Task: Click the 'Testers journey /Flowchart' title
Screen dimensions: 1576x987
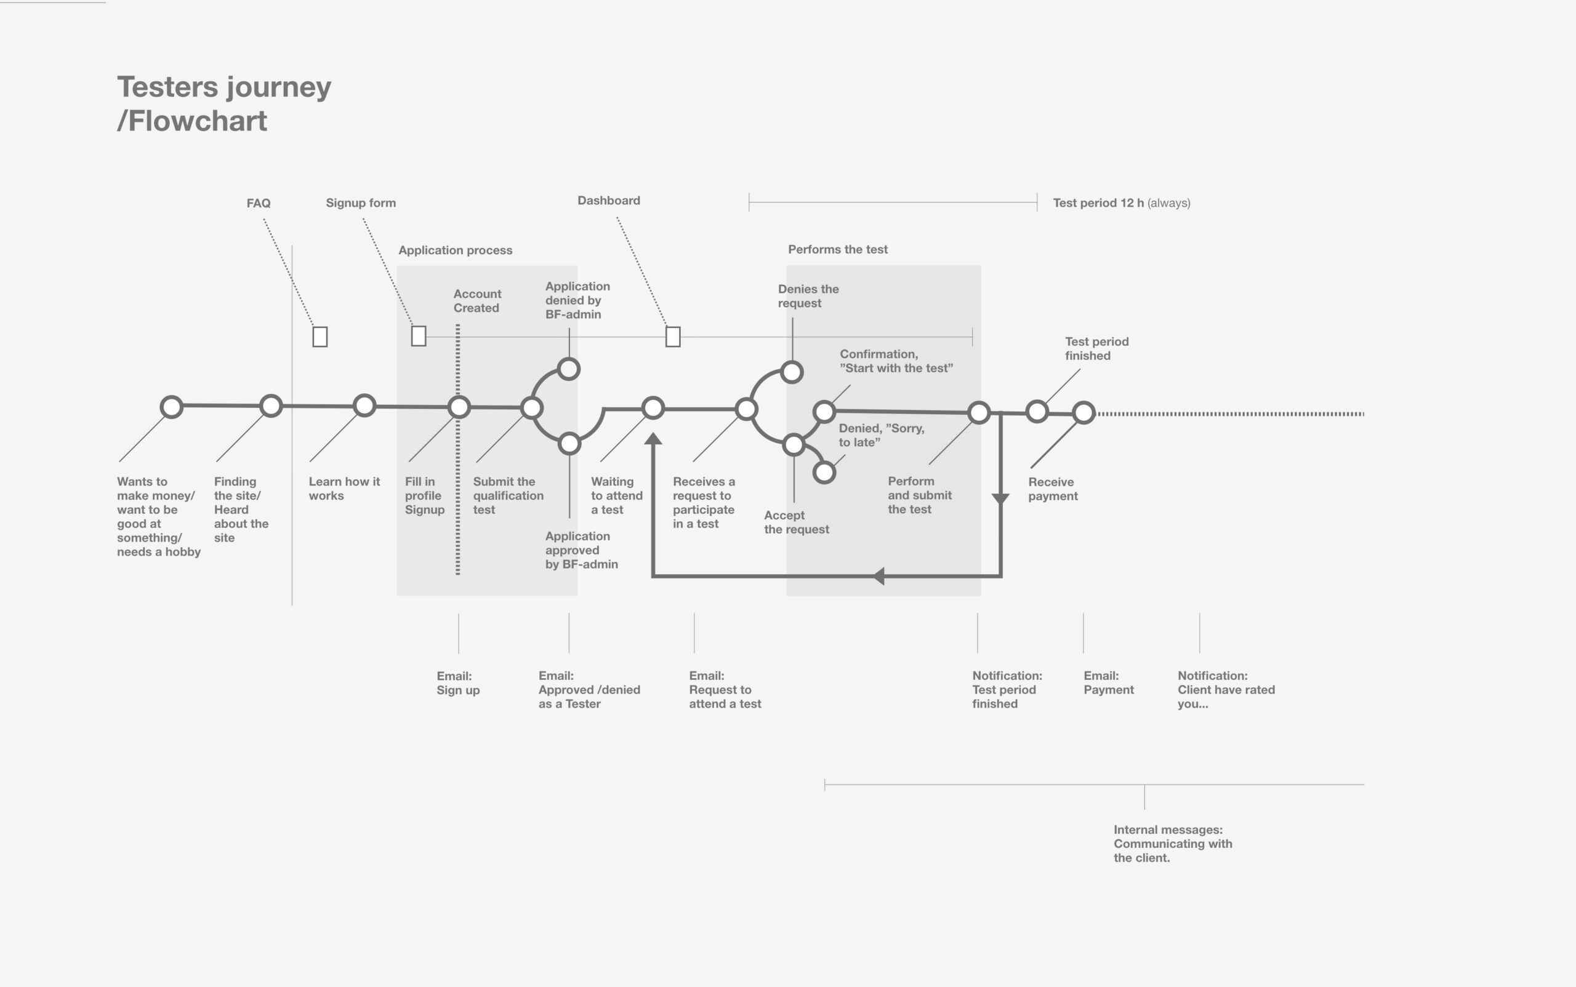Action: click(x=224, y=104)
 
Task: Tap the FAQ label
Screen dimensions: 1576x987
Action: click(x=259, y=203)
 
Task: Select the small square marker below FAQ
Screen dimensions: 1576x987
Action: click(x=320, y=337)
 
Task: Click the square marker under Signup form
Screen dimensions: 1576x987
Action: click(x=419, y=336)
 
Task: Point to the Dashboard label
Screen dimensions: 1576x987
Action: click(x=609, y=201)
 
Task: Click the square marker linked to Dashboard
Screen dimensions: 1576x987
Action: click(x=673, y=337)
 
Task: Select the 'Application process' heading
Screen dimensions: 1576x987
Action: click(x=455, y=250)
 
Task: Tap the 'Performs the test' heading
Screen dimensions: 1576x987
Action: click(x=838, y=249)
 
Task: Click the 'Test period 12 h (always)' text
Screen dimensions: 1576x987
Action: click(x=1122, y=203)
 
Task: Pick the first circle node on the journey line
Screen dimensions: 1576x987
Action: click(x=171, y=407)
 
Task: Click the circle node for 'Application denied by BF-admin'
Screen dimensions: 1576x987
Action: click(x=569, y=369)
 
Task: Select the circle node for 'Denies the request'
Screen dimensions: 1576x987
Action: click(x=792, y=372)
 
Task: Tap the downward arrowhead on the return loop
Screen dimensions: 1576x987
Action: click(x=1000, y=498)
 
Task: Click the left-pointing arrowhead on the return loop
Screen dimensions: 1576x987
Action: click(x=878, y=576)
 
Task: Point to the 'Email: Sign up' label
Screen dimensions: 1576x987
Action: click(x=458, y=683)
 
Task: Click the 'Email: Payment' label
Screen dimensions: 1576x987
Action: click(x=1108, y=683)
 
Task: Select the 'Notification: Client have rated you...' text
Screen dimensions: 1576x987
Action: click(x=1226, y=689)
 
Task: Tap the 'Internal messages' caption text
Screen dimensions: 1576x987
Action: click(x=1173, y=844)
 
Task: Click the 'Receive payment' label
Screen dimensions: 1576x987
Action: click(x=1053, y=489)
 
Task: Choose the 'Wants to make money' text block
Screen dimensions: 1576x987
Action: click(x=159, y=516)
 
